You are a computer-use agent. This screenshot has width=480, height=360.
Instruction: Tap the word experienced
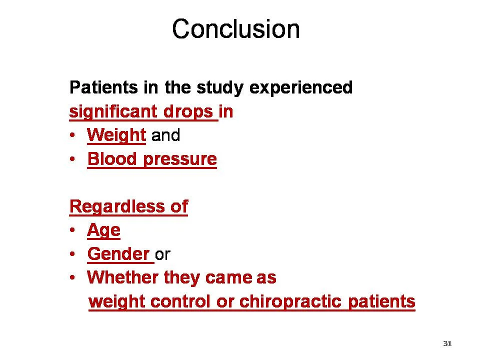point(301,88)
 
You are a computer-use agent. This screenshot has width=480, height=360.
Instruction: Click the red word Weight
point(116,135)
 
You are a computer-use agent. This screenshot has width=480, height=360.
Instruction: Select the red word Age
point(103,230)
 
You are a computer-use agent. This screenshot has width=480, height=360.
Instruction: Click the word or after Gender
point(163,254)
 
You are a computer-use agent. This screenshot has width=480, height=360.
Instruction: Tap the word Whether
point(123,277)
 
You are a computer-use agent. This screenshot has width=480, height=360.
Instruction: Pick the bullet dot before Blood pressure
point(73,159)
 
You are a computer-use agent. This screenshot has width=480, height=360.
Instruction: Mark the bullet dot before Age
point(73,230)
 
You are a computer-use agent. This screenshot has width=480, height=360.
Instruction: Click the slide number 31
point(447,343)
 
